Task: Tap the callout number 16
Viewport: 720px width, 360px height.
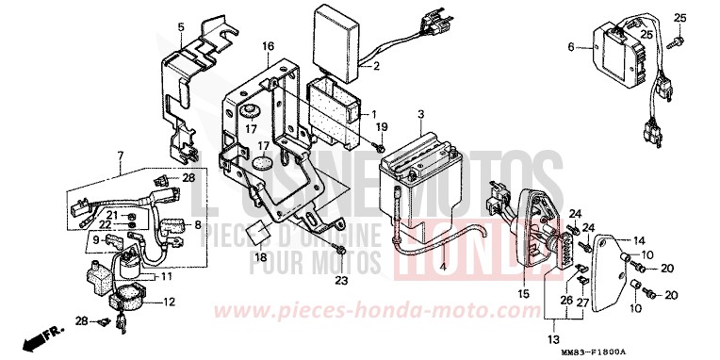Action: (x=268, y=45)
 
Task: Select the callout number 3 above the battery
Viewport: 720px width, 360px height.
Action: (x=420, y=114)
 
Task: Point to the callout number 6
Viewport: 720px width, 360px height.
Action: (x=570, y=45)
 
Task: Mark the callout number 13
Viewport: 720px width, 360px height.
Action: (x=552, y=338)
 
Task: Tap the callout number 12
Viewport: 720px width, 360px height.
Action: (x=170, y=302)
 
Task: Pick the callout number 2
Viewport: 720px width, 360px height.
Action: (x=376, y=66)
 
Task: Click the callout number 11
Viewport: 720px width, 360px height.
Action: (x=166, y=276)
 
